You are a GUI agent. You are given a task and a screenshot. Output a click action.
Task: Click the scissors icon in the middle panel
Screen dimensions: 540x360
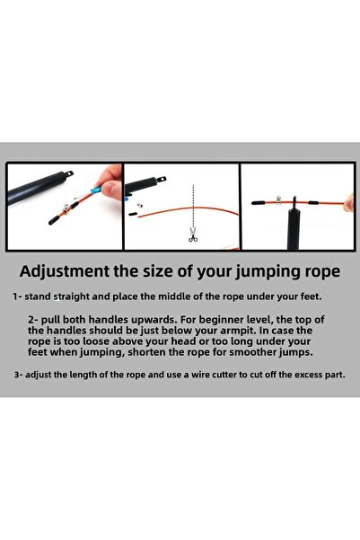coord(192,236)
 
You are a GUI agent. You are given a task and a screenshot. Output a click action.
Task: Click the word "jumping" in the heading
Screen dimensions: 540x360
coord(255,271)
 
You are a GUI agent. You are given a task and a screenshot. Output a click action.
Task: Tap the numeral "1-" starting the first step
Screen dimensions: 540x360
coord(19,296)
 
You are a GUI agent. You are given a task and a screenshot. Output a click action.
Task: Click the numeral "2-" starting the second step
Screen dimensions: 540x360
coord(35,319)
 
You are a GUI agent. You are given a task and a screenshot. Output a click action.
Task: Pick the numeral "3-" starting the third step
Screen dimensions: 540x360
coord(19,373)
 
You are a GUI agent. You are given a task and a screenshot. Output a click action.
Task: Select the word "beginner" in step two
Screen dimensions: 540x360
coord(192,319)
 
